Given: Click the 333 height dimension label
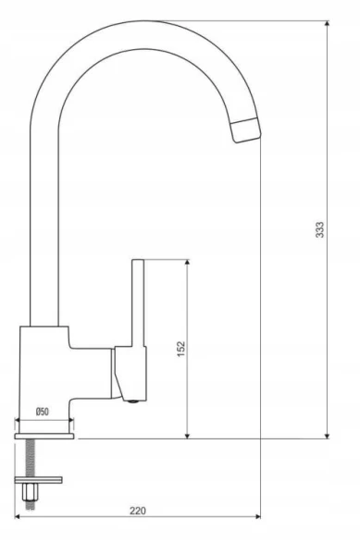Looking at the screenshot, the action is click(x=319, y=229).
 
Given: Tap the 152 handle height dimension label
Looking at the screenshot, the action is click(x=180, y=349).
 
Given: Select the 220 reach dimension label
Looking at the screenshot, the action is click(x=137, y=511).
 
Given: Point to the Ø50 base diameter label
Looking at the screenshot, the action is click(x=43, y=412).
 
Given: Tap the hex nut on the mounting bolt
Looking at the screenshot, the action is click(x=29, y=492).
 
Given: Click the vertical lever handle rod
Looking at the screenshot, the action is click(x=138, y=303).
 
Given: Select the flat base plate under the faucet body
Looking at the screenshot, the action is click(x=44, y=436).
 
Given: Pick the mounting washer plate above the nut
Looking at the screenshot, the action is click(x=38, y=480).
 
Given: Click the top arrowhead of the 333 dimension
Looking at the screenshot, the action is click(x=327, y=23).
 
